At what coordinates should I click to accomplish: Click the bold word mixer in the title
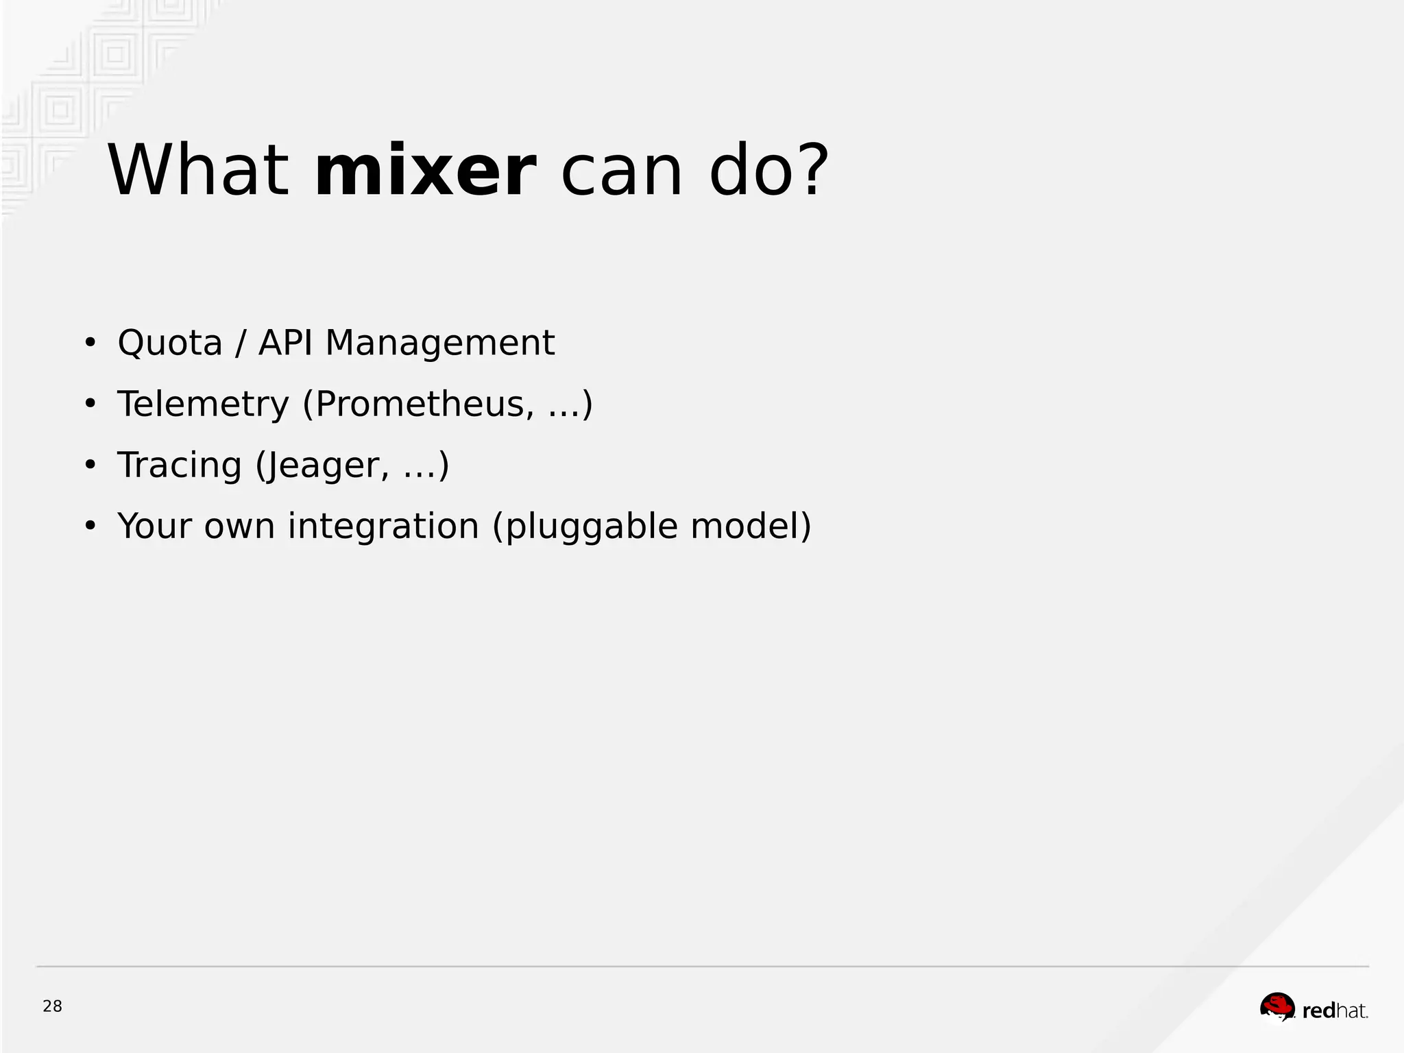click(x=424, y=171)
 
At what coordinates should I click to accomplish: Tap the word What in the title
click(x=198, y=171)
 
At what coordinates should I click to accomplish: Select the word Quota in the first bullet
click(x=170, y=343)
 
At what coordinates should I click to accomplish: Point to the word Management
click(x=439, y=343)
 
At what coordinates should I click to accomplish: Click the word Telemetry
click(x=204, y=404)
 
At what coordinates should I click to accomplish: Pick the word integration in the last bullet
click(x=383, y=526)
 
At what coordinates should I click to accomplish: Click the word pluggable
click(x=590, y=528)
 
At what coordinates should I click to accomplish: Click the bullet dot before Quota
click(x=90, y=343)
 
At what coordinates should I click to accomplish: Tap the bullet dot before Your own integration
click(x=90, y=526)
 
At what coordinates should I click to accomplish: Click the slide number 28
click(x=52, y=1006)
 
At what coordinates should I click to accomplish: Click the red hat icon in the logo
click(x=1277, y=1006)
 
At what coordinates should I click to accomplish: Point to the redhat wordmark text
click(x=1334, y=1010)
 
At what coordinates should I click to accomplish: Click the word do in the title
click(x=752, y=171)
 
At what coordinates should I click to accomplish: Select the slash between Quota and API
click(x=240, y=343)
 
